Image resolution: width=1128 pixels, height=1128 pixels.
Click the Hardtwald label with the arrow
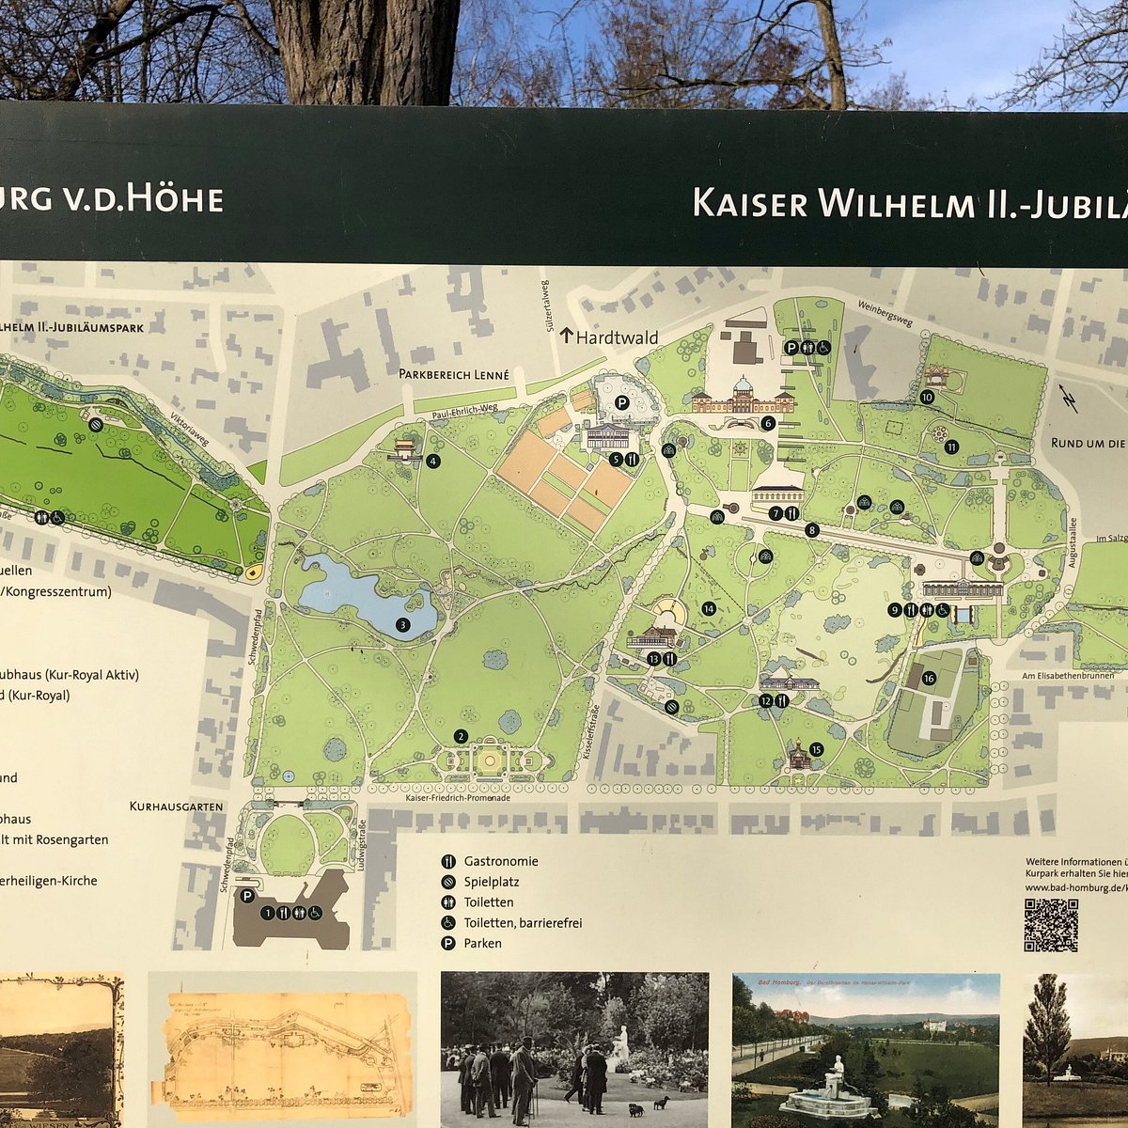[x=608, y=337]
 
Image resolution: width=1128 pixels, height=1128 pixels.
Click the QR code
[x=1050, y=925]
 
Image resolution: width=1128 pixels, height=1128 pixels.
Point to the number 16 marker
[x=929, y=678]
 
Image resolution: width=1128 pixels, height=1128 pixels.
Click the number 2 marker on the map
[x=461, y=736]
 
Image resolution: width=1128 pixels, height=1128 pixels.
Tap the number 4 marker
[x=432, y=461]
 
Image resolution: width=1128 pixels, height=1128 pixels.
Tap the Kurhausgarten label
[x=176, y=807]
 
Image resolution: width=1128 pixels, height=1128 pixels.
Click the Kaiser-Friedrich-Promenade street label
[x=458, y=798]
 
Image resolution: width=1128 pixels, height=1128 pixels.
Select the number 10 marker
[x=927, y=397]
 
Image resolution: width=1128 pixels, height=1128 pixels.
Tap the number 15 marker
[x=816, y=749]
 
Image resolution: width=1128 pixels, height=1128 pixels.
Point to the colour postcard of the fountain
[x=866, y=1049]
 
